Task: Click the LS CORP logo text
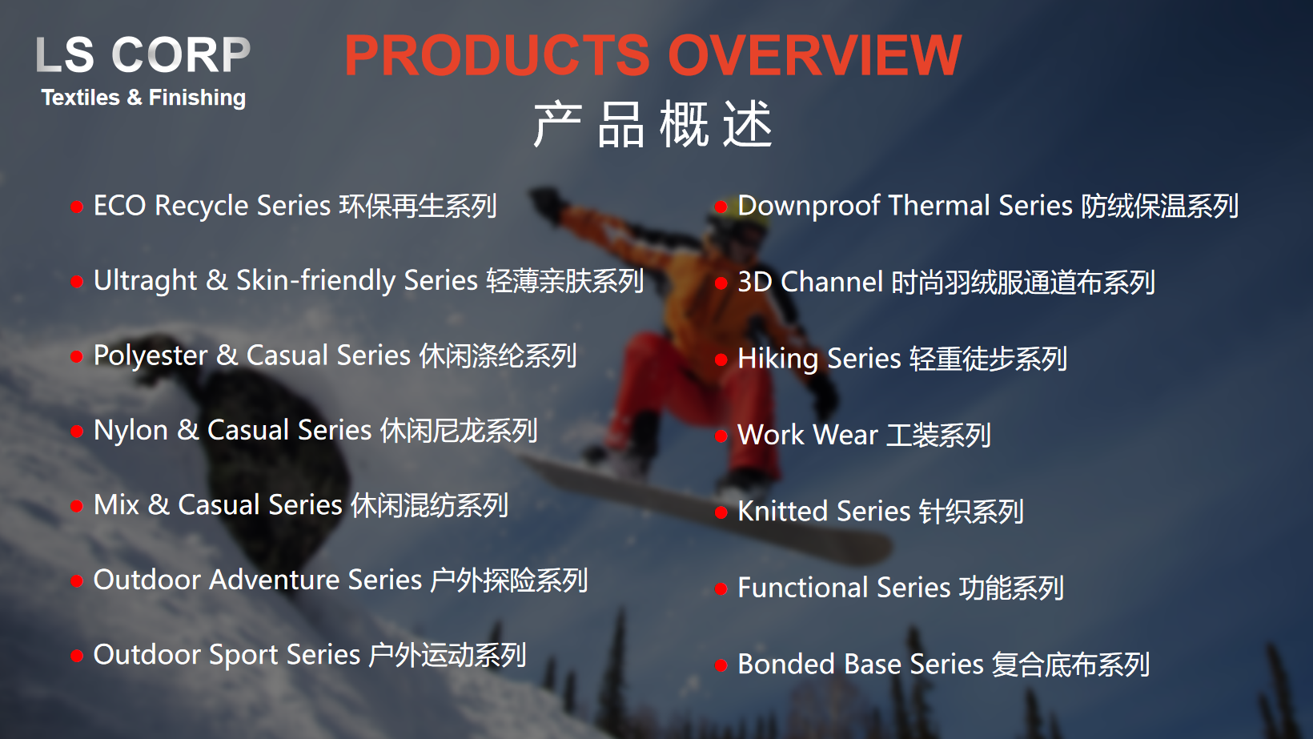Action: [x=143, y=54]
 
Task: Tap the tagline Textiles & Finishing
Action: [x=143, y=98]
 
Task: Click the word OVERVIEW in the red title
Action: [x=814, y=55]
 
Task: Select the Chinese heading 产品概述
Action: [x=652, y=125]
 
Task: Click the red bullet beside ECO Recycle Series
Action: [x=77, y=207]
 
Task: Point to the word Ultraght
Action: [x=145, y=281]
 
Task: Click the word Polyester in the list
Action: [x=151, y=355]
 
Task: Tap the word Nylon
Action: [x=130, y=431]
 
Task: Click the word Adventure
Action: [x=274, y=580]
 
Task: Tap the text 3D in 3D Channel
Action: [x=754, y=283]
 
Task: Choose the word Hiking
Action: [x=777, y=359]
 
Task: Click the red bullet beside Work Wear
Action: [x=721, y=436]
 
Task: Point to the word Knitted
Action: [x=783, y=512]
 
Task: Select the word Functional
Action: [x=803, y=588]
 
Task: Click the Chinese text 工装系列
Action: [x=938, y=436]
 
